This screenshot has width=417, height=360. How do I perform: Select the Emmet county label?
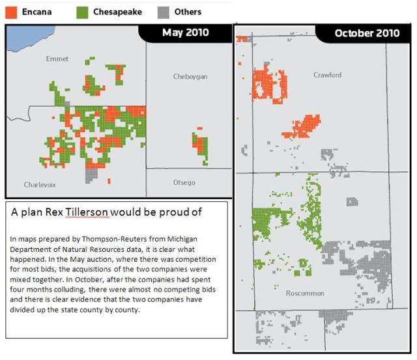pos(57,59)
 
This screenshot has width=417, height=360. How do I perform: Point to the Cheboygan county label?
pos(190,76)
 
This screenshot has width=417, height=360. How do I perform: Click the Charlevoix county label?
pos(40,184)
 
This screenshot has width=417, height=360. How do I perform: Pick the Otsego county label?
pos(184,182)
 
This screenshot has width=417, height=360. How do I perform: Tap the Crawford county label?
pos(327,75)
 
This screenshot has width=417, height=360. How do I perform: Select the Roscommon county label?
pos(305,294)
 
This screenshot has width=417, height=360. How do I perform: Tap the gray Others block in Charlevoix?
pos(92,174)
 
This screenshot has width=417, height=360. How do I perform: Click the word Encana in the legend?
pos(36,12)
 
